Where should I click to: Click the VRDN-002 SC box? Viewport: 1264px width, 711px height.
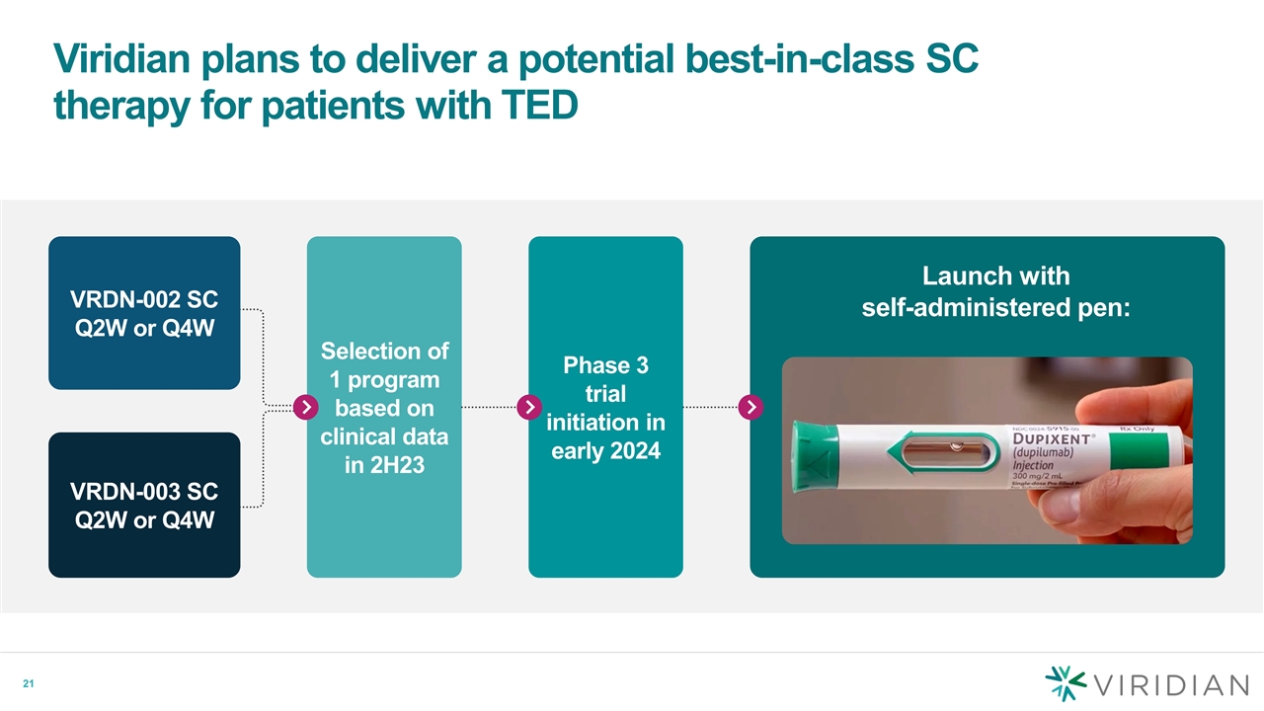(x=144, y=312)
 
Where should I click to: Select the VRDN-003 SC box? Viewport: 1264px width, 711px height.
(x=144, y=505)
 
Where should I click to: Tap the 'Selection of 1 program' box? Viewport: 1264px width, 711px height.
(x=384, y=407)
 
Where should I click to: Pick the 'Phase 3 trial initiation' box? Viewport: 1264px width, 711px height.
(x=605, y=407)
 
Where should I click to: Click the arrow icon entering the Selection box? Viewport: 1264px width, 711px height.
(x=307, y=407)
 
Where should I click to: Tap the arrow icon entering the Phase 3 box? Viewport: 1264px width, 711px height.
(x=529, y=407)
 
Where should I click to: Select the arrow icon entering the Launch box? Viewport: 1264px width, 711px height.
(x=750, y=407)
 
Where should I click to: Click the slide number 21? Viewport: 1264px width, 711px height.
(x=30, y=684)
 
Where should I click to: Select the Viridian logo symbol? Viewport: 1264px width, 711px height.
(x=1066, y=684)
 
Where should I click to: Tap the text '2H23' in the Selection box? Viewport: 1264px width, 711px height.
(x=384, y=464)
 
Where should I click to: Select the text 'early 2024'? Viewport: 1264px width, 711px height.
(x=605, y=451)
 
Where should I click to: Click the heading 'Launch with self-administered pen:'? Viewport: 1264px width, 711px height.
(x=994, y=291)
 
